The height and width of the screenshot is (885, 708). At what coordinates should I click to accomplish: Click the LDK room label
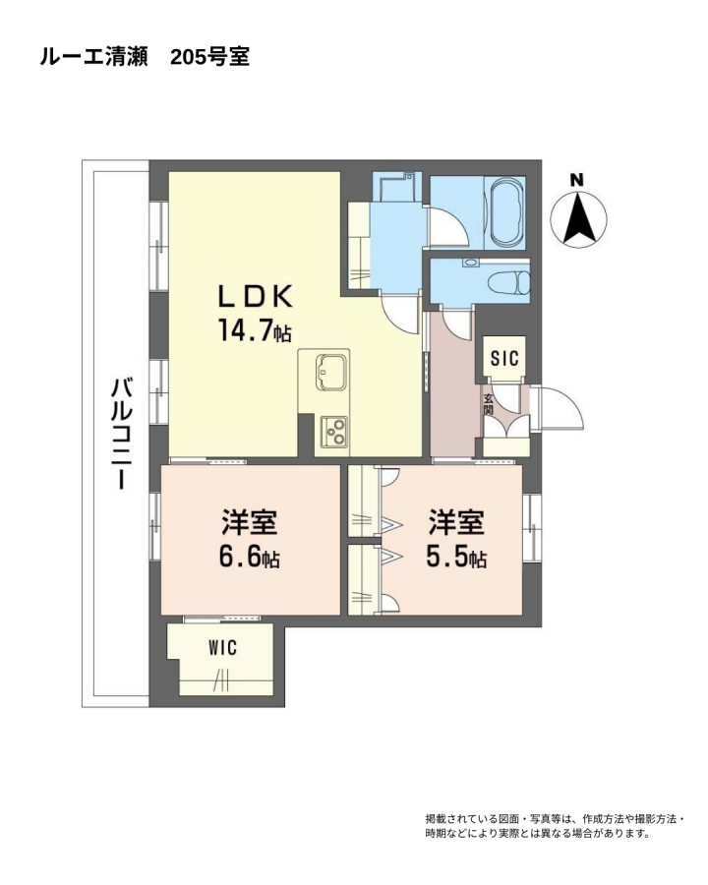[x=256, y=297]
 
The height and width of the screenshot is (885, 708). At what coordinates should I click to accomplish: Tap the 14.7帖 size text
[x=255, y=331]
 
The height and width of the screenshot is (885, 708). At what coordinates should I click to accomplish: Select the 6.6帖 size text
[x=249, y=558]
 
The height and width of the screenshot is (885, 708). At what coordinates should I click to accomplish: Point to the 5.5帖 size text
[x=456, y=558]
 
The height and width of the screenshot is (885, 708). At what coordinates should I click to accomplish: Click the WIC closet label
[x=222, y=648]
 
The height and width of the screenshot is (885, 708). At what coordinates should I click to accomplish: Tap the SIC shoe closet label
[x=504, y=358]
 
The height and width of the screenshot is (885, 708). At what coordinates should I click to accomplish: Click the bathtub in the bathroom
[x=506, y=212]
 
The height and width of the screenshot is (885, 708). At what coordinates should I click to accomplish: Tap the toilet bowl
[x=509, y=282]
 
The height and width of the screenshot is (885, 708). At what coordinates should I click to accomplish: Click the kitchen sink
[x=330, y=372]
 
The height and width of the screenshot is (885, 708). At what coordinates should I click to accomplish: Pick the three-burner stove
[x=334, y=432]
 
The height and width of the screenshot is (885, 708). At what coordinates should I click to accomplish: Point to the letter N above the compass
[x=576, y=181]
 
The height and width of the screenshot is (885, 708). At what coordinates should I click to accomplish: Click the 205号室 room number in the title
[x=210, y=57]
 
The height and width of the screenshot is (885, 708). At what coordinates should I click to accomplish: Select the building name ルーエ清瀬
[x=93, y=57]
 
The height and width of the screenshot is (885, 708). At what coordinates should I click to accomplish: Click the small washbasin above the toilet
[x=470, y=263]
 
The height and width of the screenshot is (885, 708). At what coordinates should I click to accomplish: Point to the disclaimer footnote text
[x=555, y=826]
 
